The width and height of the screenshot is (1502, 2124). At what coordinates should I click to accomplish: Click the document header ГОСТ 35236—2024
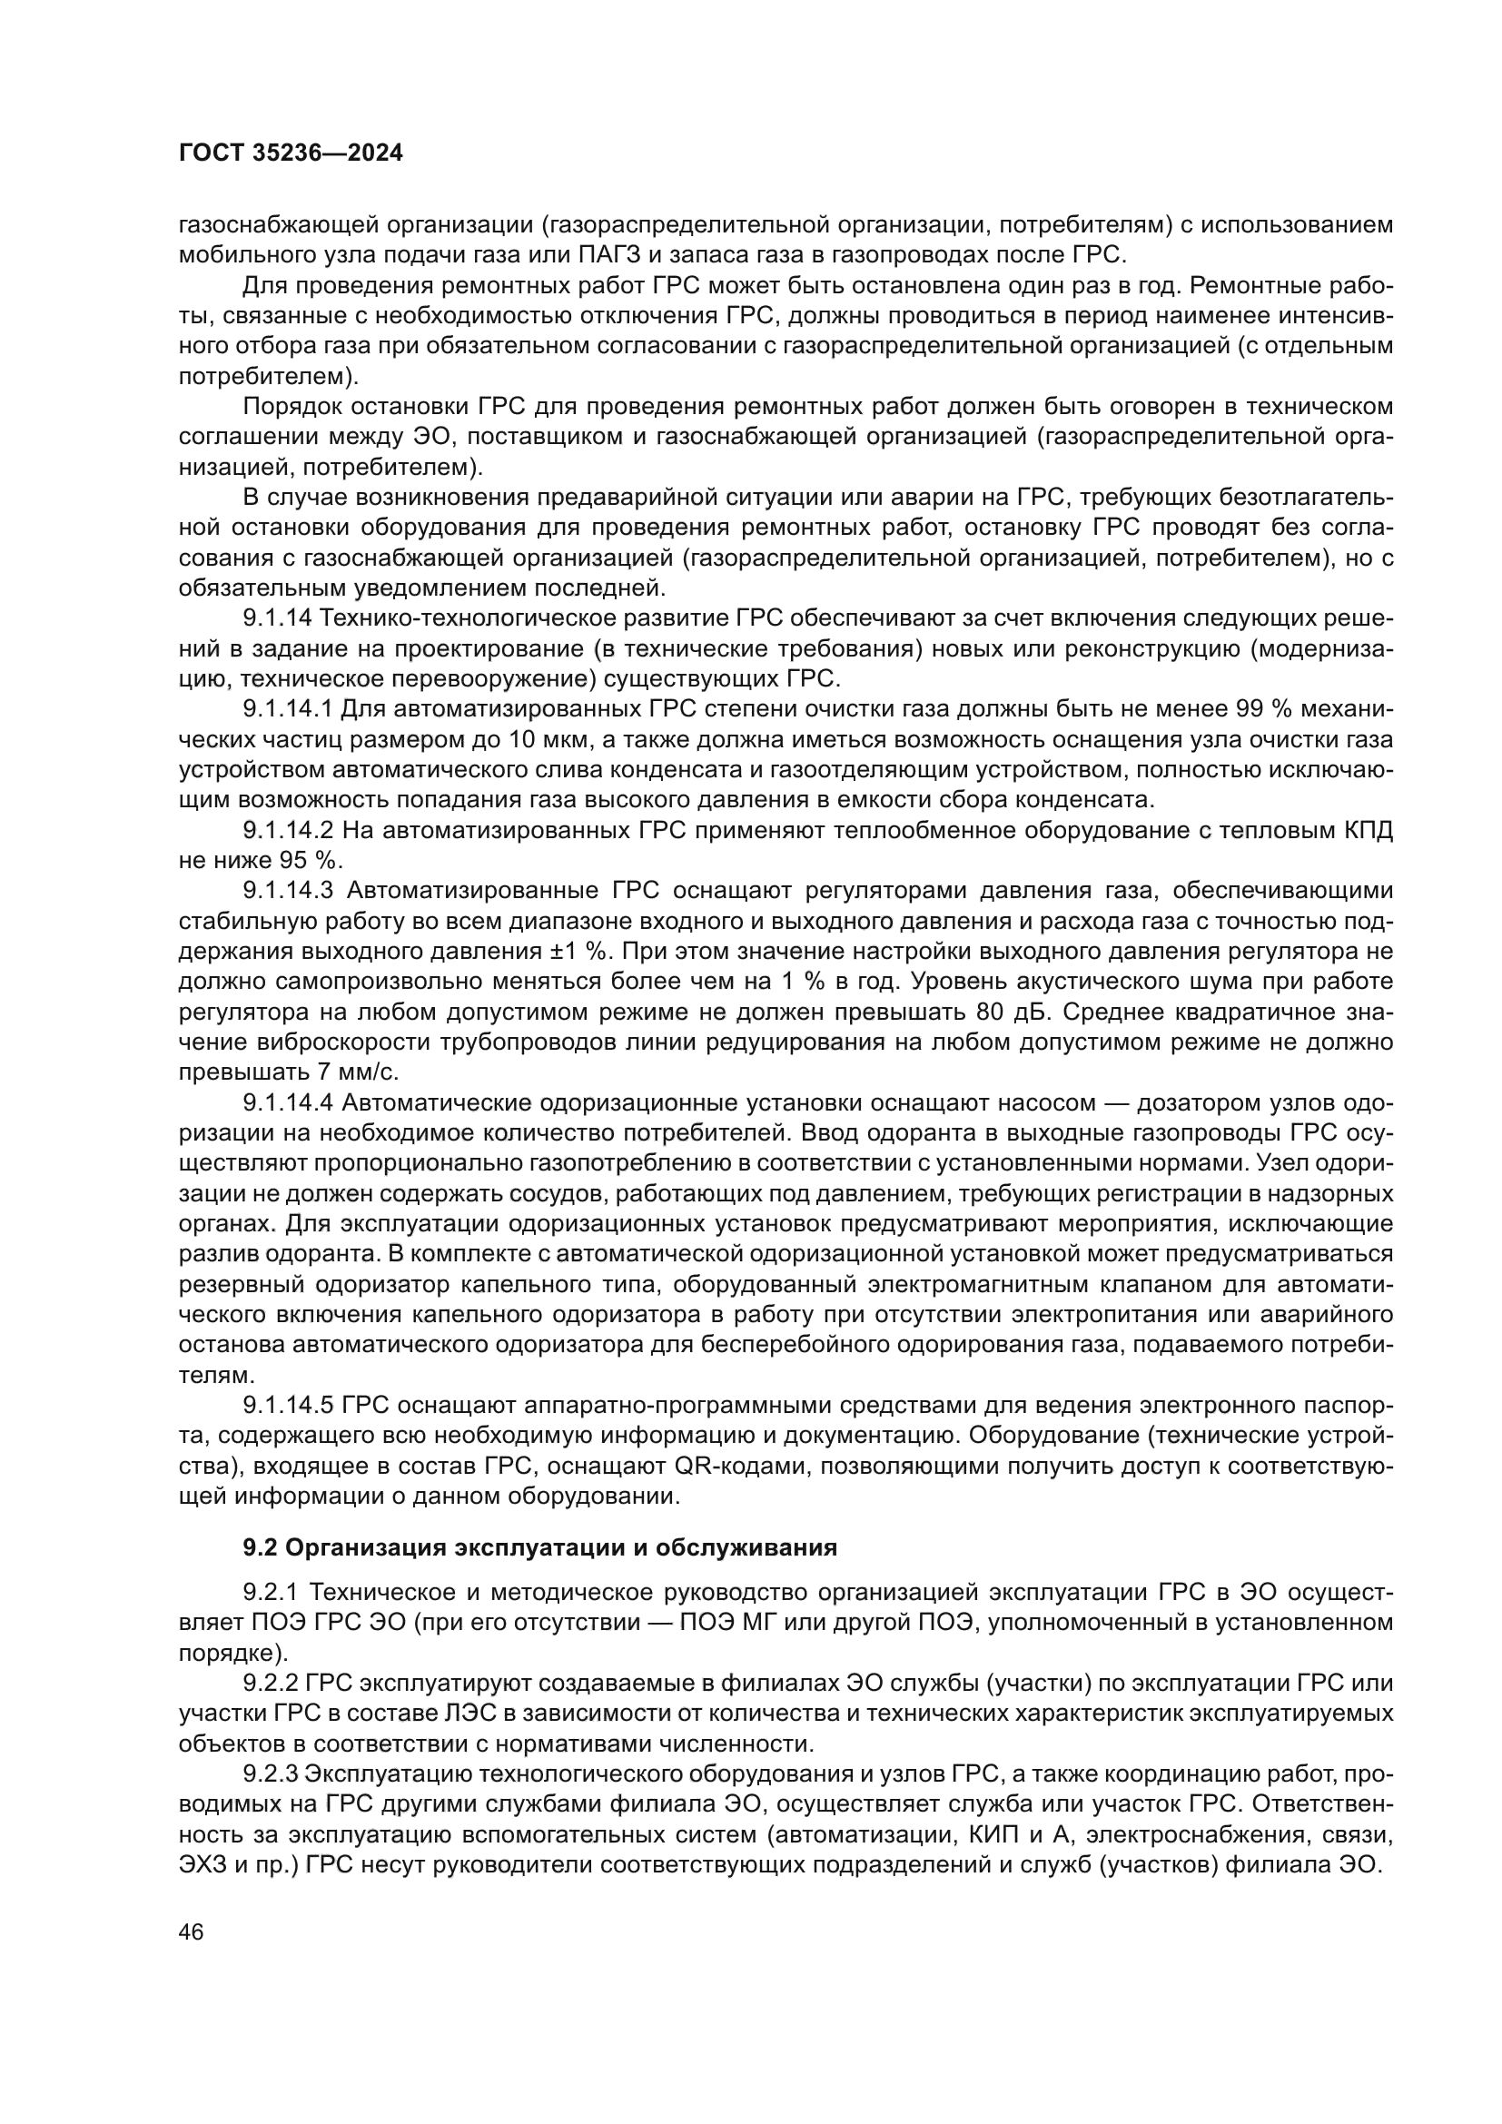[291, 153]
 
